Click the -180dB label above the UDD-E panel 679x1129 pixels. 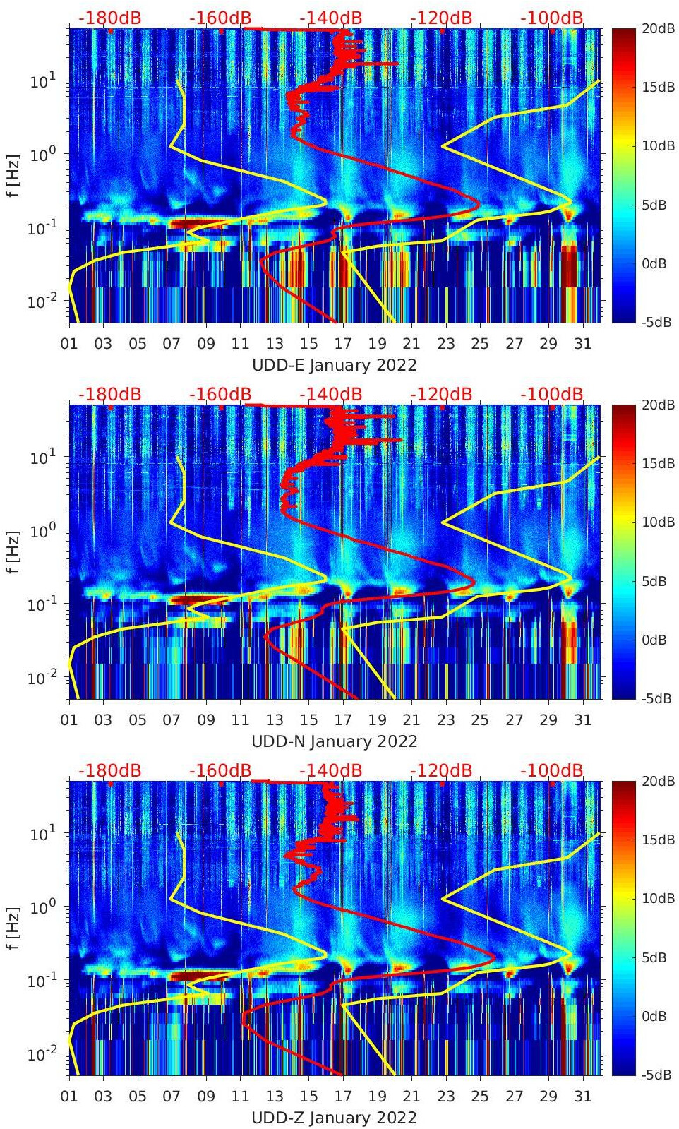tap(109, 18)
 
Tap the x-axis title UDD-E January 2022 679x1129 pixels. tap(334, 365)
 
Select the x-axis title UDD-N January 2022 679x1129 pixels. tap(334, 741)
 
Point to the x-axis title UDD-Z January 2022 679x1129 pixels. tap(334, 1118)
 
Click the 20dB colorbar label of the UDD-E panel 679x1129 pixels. tap(656, 29)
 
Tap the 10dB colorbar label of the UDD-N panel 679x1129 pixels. tap(656, 522)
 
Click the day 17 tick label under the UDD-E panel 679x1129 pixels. tap(343, 344)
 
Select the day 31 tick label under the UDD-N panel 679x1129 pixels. tap(582, 720)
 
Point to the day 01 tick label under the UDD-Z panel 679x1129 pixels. tap(69, 1097)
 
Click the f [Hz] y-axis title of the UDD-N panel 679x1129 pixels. tap(12, 551)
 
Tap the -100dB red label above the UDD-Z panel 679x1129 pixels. tap(552, 770)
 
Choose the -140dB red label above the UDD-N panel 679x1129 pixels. tap(330, 394)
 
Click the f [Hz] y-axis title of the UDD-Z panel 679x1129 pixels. tap(12, 928)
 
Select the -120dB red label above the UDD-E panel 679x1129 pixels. tap(441, 18)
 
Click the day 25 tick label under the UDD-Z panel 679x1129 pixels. tap(480, 1097)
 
